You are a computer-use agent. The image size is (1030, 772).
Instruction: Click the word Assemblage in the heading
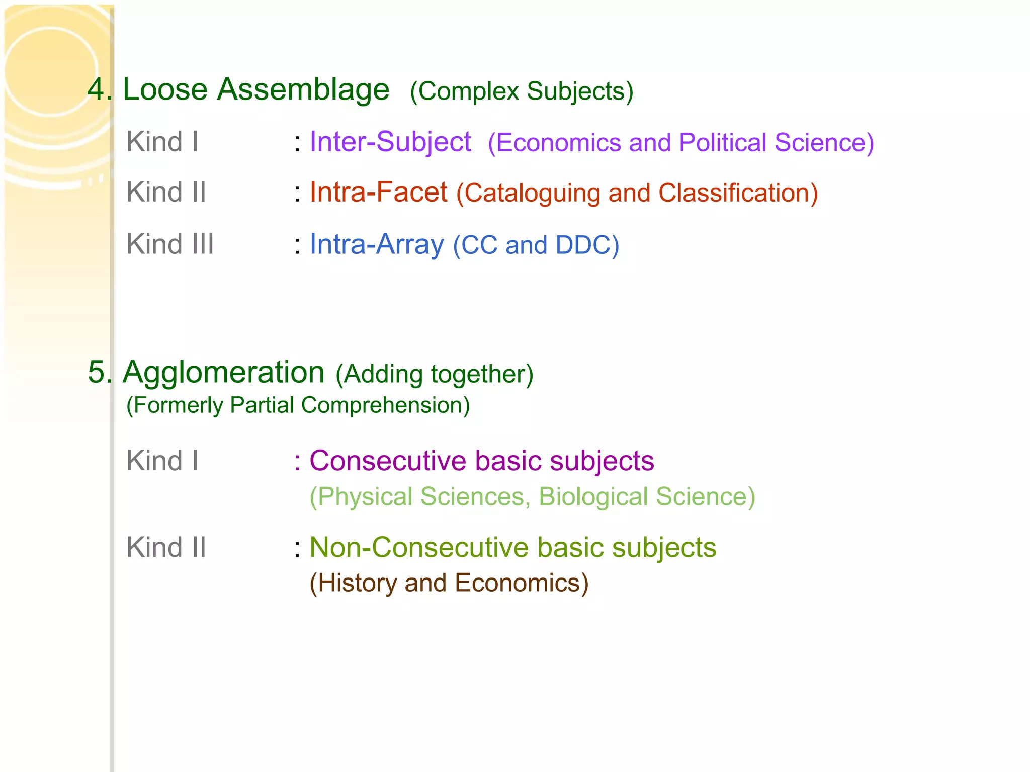[303, 90]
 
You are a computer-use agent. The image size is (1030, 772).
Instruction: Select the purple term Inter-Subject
[390, 142]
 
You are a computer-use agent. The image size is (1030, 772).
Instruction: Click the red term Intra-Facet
[378, 192]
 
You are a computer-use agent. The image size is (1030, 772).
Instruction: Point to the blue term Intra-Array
[377, 245]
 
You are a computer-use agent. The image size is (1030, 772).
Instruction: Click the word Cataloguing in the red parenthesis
[532, 194]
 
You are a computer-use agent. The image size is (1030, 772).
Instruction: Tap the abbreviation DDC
[583, 245]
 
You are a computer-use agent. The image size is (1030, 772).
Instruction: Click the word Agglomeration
[224, 373]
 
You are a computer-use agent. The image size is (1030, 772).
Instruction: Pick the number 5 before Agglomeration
[97, 373]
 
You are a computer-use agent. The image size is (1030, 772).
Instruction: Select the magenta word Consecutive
[388, 461]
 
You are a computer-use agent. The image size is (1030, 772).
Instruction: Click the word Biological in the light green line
[593, 497]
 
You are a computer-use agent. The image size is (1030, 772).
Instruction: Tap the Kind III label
[170, 245]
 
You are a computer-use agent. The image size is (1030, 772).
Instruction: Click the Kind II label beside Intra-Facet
[166, 192]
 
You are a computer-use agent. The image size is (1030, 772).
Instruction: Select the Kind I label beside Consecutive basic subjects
[162, 461]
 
